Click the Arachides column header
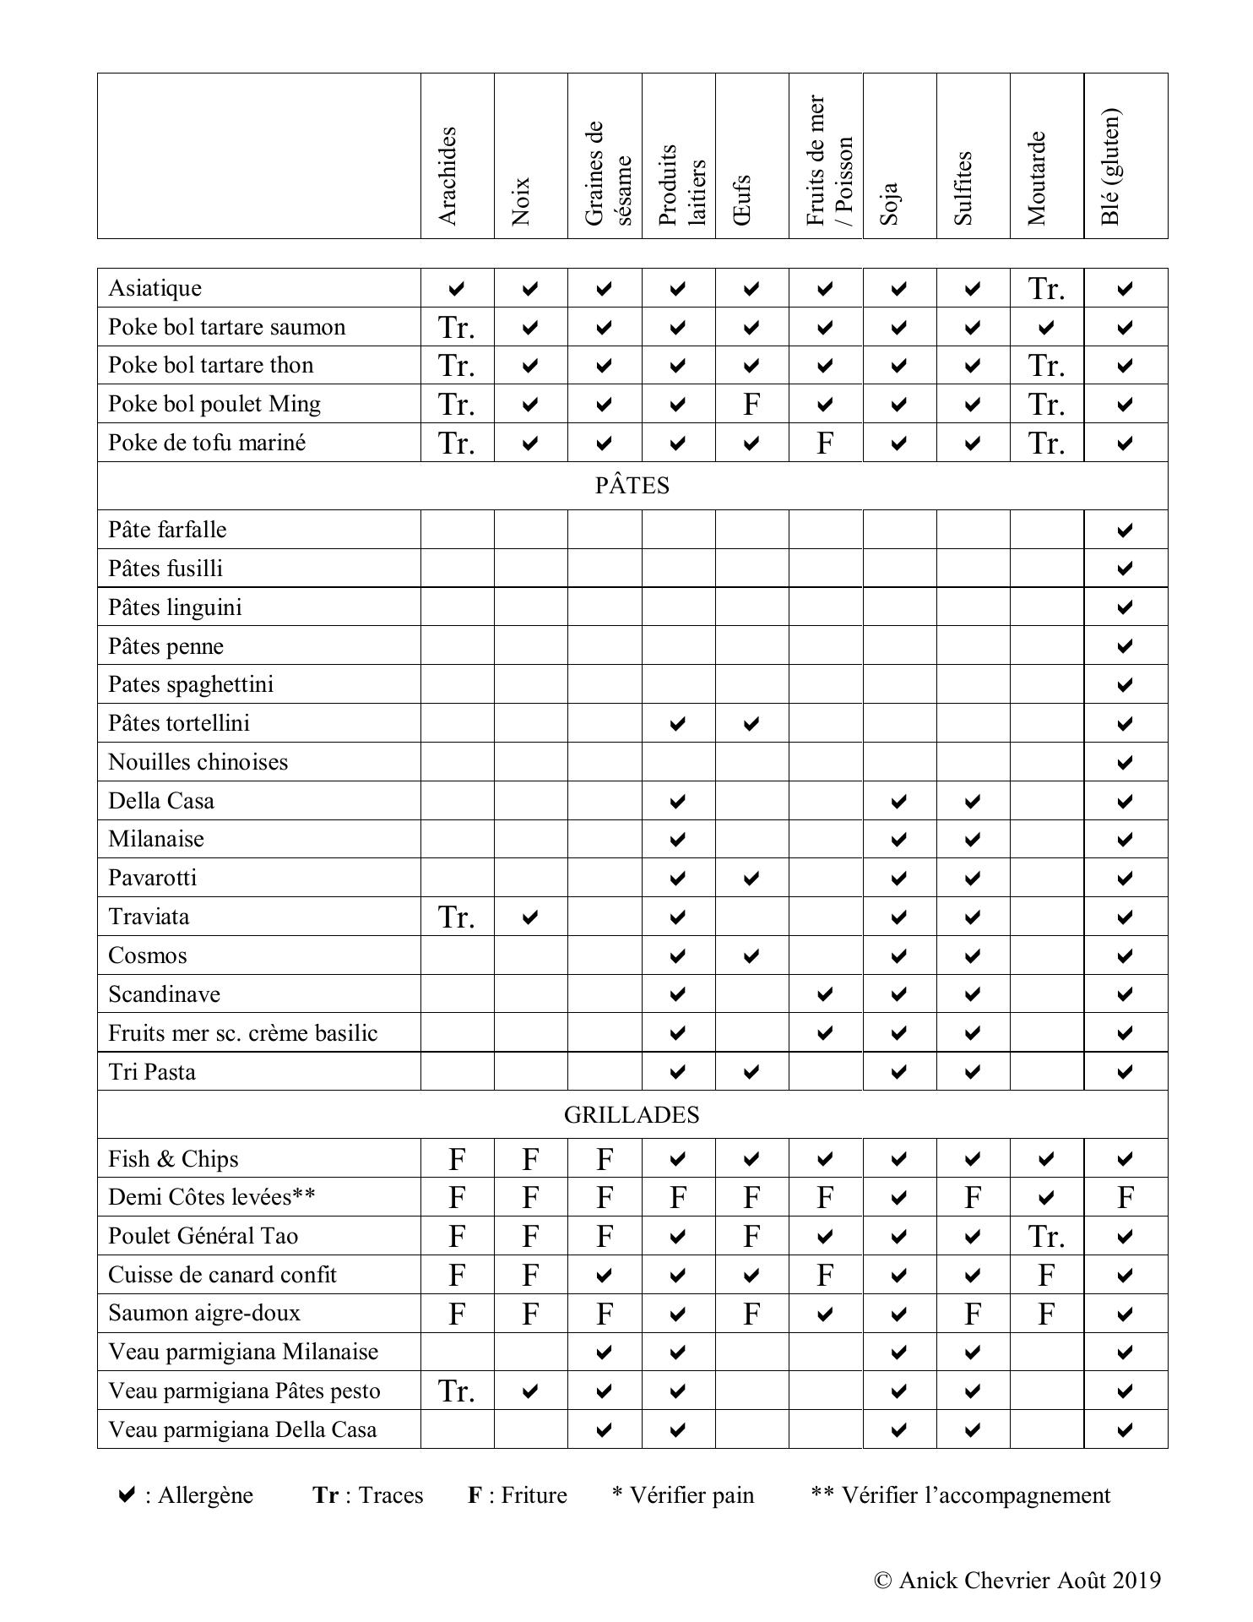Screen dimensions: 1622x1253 point(448,176)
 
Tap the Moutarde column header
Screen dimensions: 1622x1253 point(1037,178)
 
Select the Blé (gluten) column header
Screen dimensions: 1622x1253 point(1111,166)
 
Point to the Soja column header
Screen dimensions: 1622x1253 point(889,204)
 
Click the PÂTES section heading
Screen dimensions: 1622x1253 point(632,486)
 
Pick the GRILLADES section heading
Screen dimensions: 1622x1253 point(632,1115)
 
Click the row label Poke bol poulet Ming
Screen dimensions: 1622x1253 point(214,404)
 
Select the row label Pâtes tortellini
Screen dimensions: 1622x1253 point(179,723)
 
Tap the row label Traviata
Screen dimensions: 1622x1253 point(149,917)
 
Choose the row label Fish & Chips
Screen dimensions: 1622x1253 point(173,1159)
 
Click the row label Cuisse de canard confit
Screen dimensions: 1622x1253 point(222,1275)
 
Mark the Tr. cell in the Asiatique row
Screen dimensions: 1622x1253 point(1046,289)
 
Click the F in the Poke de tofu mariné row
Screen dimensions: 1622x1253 point(825,444)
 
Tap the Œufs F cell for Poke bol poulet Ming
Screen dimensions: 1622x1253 point(751,405)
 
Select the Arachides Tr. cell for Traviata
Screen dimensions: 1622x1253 point(457,917)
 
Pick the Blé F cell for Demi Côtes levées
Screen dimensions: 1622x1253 point(1125,1198)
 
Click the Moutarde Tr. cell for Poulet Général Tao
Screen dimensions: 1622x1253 point(1046,1237)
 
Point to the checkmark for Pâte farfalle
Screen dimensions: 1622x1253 point(1125,531)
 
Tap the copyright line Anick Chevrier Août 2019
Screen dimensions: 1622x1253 point(1017,1581)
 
